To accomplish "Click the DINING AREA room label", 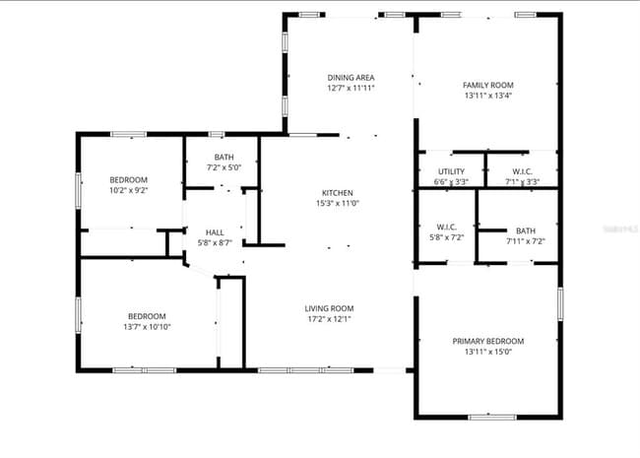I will tap(351, 77).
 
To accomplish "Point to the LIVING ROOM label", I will tap(328, 307).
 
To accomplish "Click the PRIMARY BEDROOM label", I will tap(487, 341).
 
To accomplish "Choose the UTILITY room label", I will tap(451, 171).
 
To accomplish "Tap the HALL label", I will tap(215, 231).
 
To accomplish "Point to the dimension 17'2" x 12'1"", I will tap(328, 318).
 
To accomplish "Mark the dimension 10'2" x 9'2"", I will tap(128, 190).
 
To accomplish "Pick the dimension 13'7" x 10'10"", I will tap(148, 326).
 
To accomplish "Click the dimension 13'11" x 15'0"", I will tap(487, 352).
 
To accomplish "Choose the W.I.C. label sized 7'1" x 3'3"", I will tap(522, 171).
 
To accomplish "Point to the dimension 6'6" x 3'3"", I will tap(451, 181).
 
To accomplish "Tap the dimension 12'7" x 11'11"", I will tap(351, 88).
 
